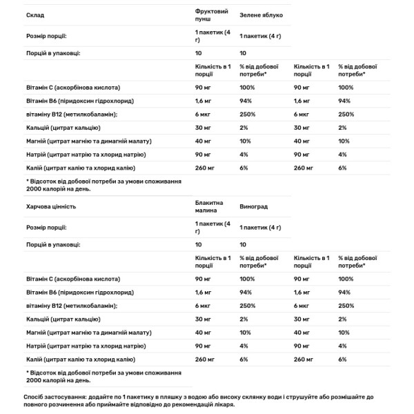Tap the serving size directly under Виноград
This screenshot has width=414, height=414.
261,227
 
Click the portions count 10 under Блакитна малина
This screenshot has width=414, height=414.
199,244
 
